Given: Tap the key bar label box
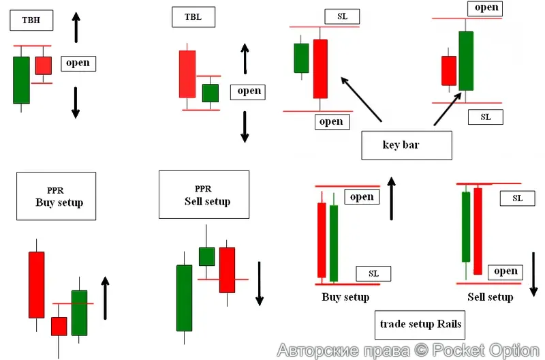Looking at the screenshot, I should [x=407, y=145].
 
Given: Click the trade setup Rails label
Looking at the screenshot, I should [x=421, y=324].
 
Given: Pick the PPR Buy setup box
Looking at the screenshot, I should [x=56, y=195].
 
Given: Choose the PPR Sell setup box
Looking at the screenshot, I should [x=204, y=194].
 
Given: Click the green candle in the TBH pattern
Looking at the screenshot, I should [x=21, y=80].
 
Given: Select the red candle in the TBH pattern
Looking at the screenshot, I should [x=44, y=65].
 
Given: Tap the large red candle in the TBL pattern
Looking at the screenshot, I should [x=187, y=74].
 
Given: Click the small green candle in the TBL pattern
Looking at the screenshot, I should [x=211, y=93].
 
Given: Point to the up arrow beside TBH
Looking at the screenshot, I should [x=76, y=27].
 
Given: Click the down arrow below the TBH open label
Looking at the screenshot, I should [x=76, y=102].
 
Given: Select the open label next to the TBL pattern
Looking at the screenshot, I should [x=249, y=91].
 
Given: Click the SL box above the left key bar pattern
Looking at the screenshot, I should [x=342, y=16].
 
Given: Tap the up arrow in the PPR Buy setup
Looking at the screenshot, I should [x=104, y=298].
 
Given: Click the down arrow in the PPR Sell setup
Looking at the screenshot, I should [x=259, y=283].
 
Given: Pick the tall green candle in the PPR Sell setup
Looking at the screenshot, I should [x=184, y=298].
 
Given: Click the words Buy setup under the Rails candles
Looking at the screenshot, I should [x=345, y=297].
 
